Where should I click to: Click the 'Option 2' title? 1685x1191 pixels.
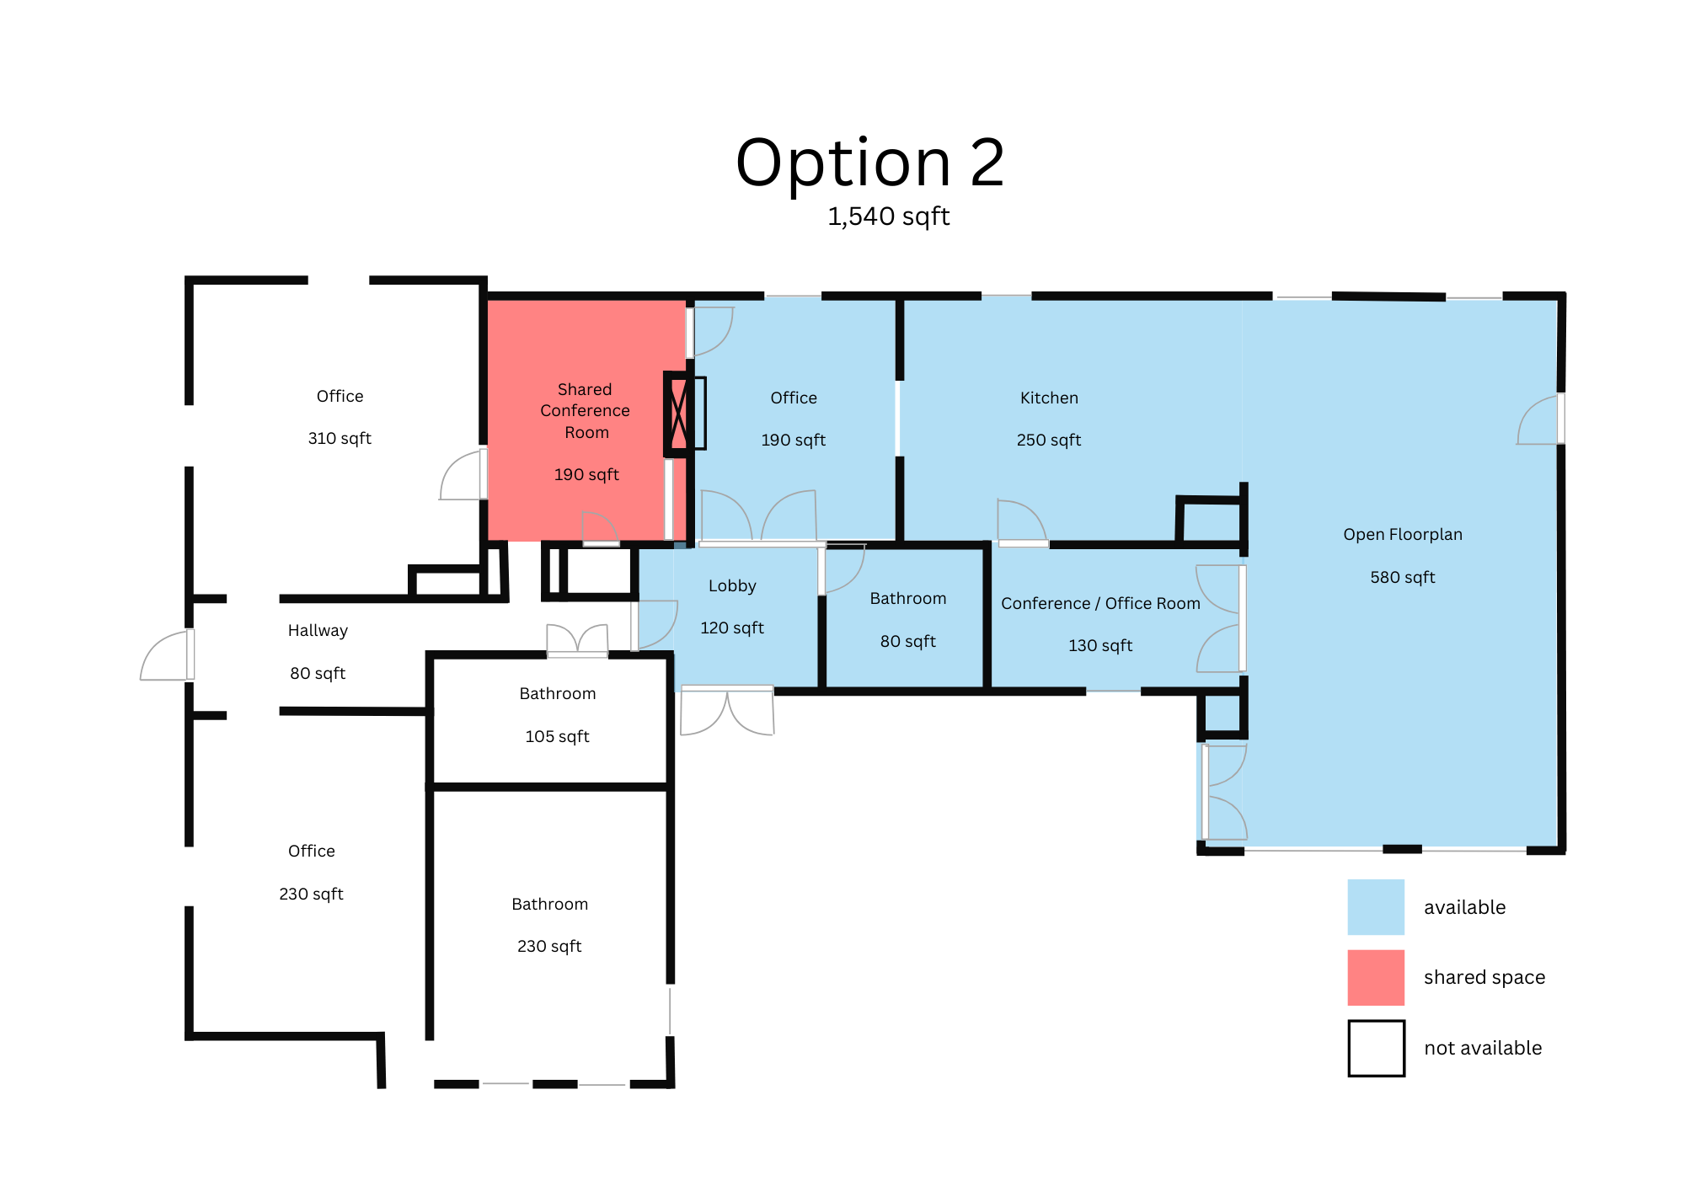870,163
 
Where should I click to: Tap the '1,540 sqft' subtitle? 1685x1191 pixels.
888,216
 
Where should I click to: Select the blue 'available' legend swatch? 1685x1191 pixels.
1375,906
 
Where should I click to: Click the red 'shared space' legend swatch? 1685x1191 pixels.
1375,977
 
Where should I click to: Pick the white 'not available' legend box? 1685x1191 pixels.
1375,1048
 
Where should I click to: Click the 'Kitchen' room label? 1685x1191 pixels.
1049,398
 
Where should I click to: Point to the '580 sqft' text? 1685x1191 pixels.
1402,577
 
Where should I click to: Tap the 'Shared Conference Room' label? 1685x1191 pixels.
586,411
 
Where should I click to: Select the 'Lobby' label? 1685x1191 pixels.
732,585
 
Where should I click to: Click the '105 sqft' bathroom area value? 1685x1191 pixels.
557,736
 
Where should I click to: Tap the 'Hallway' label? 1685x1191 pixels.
318,630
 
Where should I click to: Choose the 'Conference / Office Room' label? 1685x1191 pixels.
1100,603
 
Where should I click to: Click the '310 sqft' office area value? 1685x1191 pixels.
340,438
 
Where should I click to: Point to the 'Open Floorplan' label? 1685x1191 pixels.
1402,534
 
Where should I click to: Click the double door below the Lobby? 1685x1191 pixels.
726,710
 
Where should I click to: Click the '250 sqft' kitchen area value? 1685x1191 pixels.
1048,440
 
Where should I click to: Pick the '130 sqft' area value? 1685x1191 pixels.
1100,645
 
